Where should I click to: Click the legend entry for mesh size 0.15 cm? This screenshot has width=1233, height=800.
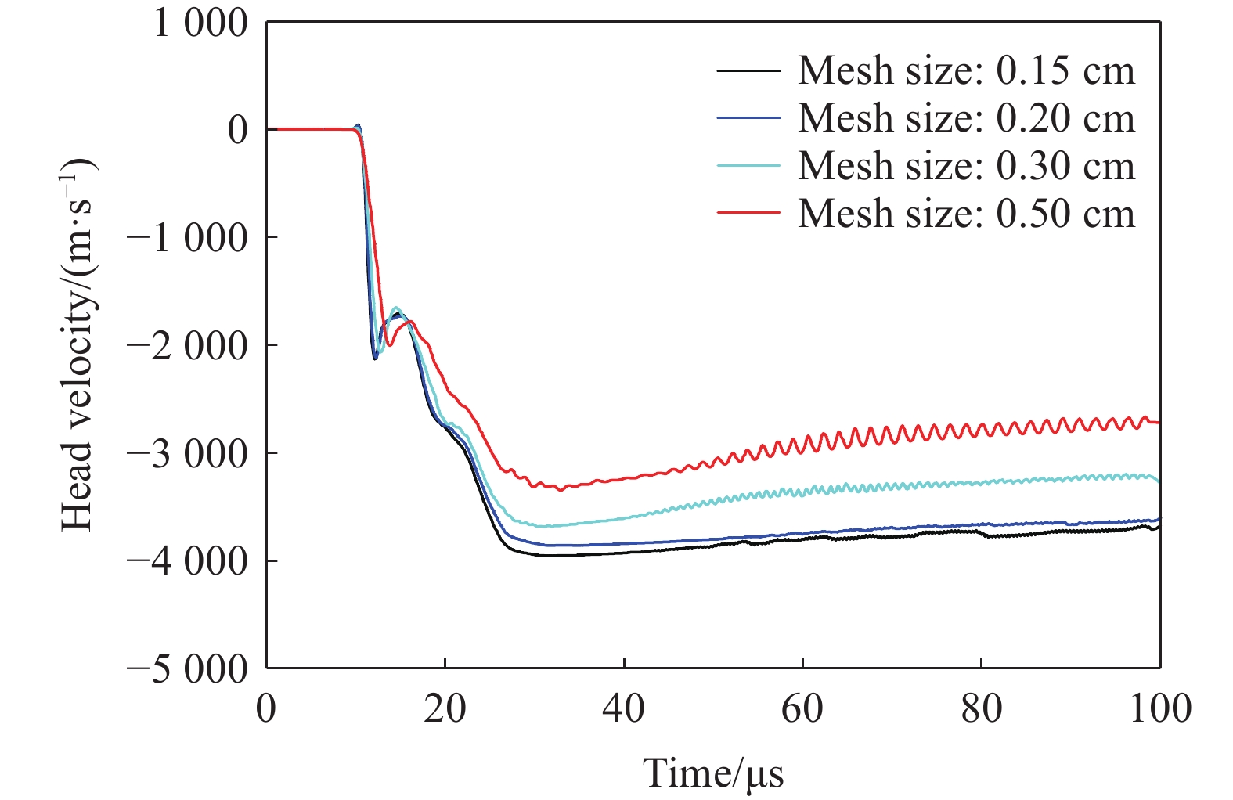point(966,71)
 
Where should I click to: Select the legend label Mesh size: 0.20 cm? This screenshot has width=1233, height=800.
point(966,119)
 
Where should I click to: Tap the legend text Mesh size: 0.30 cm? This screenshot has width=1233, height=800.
point(966,166)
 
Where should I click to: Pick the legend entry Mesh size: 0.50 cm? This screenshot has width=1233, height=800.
point(966,214)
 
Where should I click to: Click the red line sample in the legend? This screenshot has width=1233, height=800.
point(748,213)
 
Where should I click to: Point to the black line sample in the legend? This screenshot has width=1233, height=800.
point(748,71)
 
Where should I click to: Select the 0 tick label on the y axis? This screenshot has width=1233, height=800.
point(237,130)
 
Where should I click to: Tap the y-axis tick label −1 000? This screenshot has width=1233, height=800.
point(188,237)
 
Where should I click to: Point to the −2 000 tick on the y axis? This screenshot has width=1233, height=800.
point(188,345)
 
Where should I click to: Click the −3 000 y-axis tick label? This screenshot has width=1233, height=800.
point(188,453)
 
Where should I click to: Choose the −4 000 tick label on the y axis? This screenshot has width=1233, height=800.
point(188,561)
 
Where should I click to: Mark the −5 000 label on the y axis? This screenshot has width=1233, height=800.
point(188,669)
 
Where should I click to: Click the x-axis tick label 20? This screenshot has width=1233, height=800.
point(445,708)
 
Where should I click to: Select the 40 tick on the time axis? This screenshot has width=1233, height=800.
point(624,708)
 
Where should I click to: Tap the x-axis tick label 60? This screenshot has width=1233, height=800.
point(802,708)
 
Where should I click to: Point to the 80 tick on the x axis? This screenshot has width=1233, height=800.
point(981,708)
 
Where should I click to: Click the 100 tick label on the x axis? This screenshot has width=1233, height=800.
point(1160,708)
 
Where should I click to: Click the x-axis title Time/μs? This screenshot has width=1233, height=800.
point(713,773)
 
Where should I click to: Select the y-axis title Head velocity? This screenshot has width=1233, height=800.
point(78,344)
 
